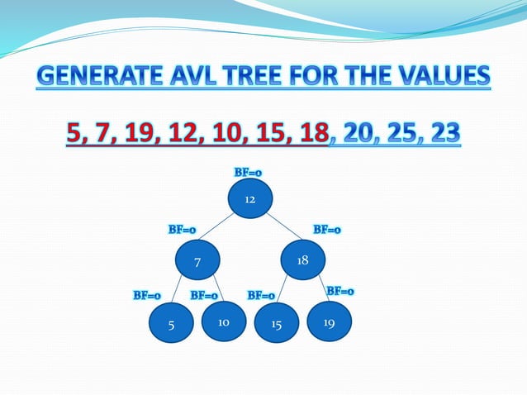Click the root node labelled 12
tap(249, 199)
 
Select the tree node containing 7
tap(197, 261)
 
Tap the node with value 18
tap(303, 260)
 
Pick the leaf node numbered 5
tap(171, 324)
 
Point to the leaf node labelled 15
tap(276, 324)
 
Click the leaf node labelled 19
tap(329, 321)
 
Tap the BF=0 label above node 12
tap(248, 173)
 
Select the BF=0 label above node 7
tap(183, 230)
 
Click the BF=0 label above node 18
tap(327, 230)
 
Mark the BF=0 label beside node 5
tap(147, 295)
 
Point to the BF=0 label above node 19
tap(340, 291)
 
